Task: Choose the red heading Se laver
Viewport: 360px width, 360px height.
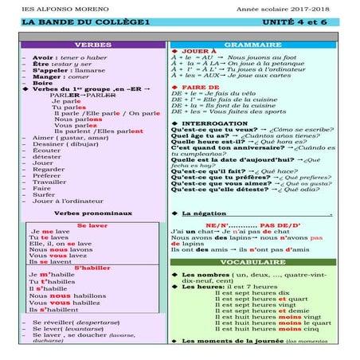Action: point(92,225)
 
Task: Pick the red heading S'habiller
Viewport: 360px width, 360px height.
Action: point(92,268)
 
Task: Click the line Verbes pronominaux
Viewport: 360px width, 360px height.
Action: point(92,213)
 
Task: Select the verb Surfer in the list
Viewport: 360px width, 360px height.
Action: point(45,194)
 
